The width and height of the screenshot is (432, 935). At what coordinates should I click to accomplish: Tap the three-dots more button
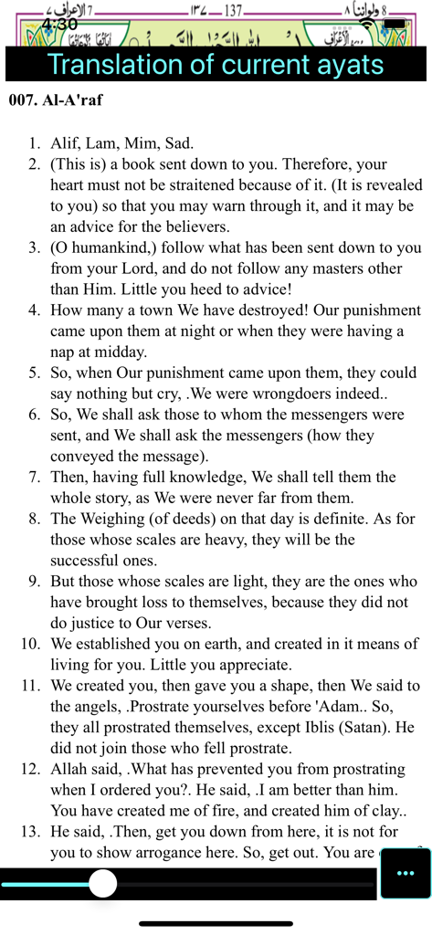click(405, 873)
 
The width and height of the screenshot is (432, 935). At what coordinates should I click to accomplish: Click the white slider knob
click(103, 883)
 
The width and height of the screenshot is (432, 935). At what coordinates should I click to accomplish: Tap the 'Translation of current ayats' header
click(216, 65)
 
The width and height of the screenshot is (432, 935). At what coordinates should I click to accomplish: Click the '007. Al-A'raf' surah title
click(56, 100)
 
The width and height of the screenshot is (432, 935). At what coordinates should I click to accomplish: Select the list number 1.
click(34, 143)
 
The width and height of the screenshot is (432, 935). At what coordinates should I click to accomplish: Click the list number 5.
click(34, 373)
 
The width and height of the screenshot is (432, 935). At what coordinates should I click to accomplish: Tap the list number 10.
click(30, 644)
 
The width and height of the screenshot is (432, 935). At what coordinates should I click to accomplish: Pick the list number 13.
click(30, 832)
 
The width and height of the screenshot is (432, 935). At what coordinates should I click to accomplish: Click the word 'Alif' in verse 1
click(67, 143)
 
